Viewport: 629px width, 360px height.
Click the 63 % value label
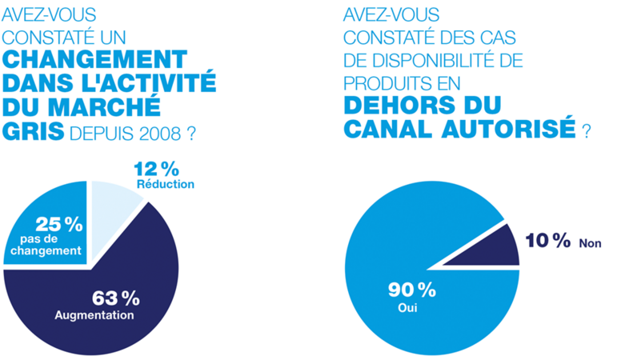coord(116,298)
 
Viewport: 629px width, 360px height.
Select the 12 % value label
coord(157,168)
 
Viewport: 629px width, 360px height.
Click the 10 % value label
coord(548,241)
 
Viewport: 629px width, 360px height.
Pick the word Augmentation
coord(94,315)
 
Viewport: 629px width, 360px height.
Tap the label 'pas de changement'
coord(50,245)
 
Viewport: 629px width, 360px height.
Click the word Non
coord(591,243)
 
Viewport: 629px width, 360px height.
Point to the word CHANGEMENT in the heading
coord(95,59)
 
